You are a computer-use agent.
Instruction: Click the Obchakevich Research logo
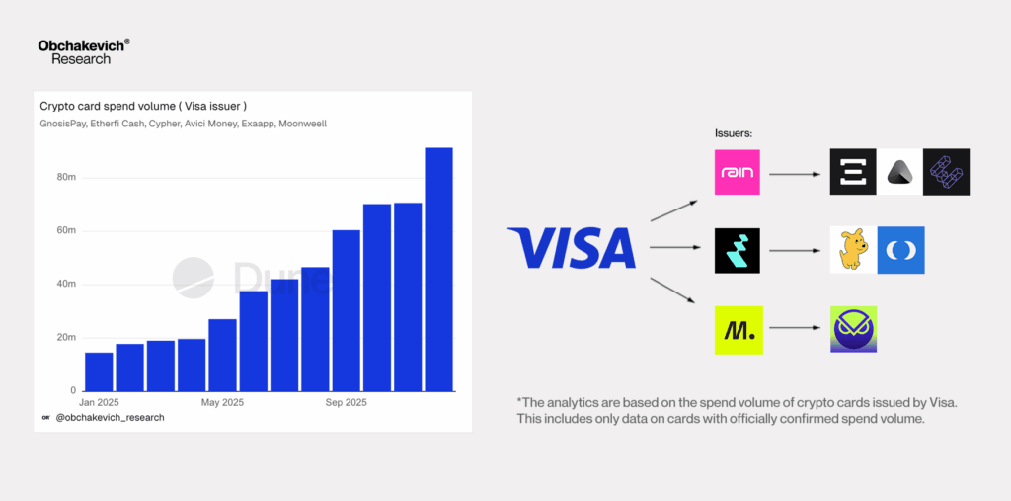click(84, 51)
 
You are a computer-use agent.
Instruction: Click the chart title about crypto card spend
click(143, 107)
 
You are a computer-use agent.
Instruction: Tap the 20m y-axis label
click(68, 338)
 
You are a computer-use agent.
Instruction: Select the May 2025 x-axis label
click(223, 403)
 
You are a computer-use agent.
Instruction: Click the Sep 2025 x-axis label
click(347, 403)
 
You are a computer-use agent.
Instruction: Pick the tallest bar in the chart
click(438, 269)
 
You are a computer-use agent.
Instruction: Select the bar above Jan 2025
click(99, 372)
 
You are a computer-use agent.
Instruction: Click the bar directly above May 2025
click(222, 355)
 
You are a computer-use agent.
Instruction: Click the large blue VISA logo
click(572, 248)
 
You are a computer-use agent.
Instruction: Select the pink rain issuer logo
click(737, 172)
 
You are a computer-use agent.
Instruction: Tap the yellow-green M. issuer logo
click(739, 330)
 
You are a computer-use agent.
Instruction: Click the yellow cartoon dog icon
click(853, 250)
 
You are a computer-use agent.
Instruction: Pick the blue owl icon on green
click(854, 329)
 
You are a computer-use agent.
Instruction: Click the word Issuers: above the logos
click(734, 133)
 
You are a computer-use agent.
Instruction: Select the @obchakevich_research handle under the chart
click(110, 418)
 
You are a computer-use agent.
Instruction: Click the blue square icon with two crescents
click(900, 250)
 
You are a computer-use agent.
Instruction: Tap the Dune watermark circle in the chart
click(194, 278)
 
